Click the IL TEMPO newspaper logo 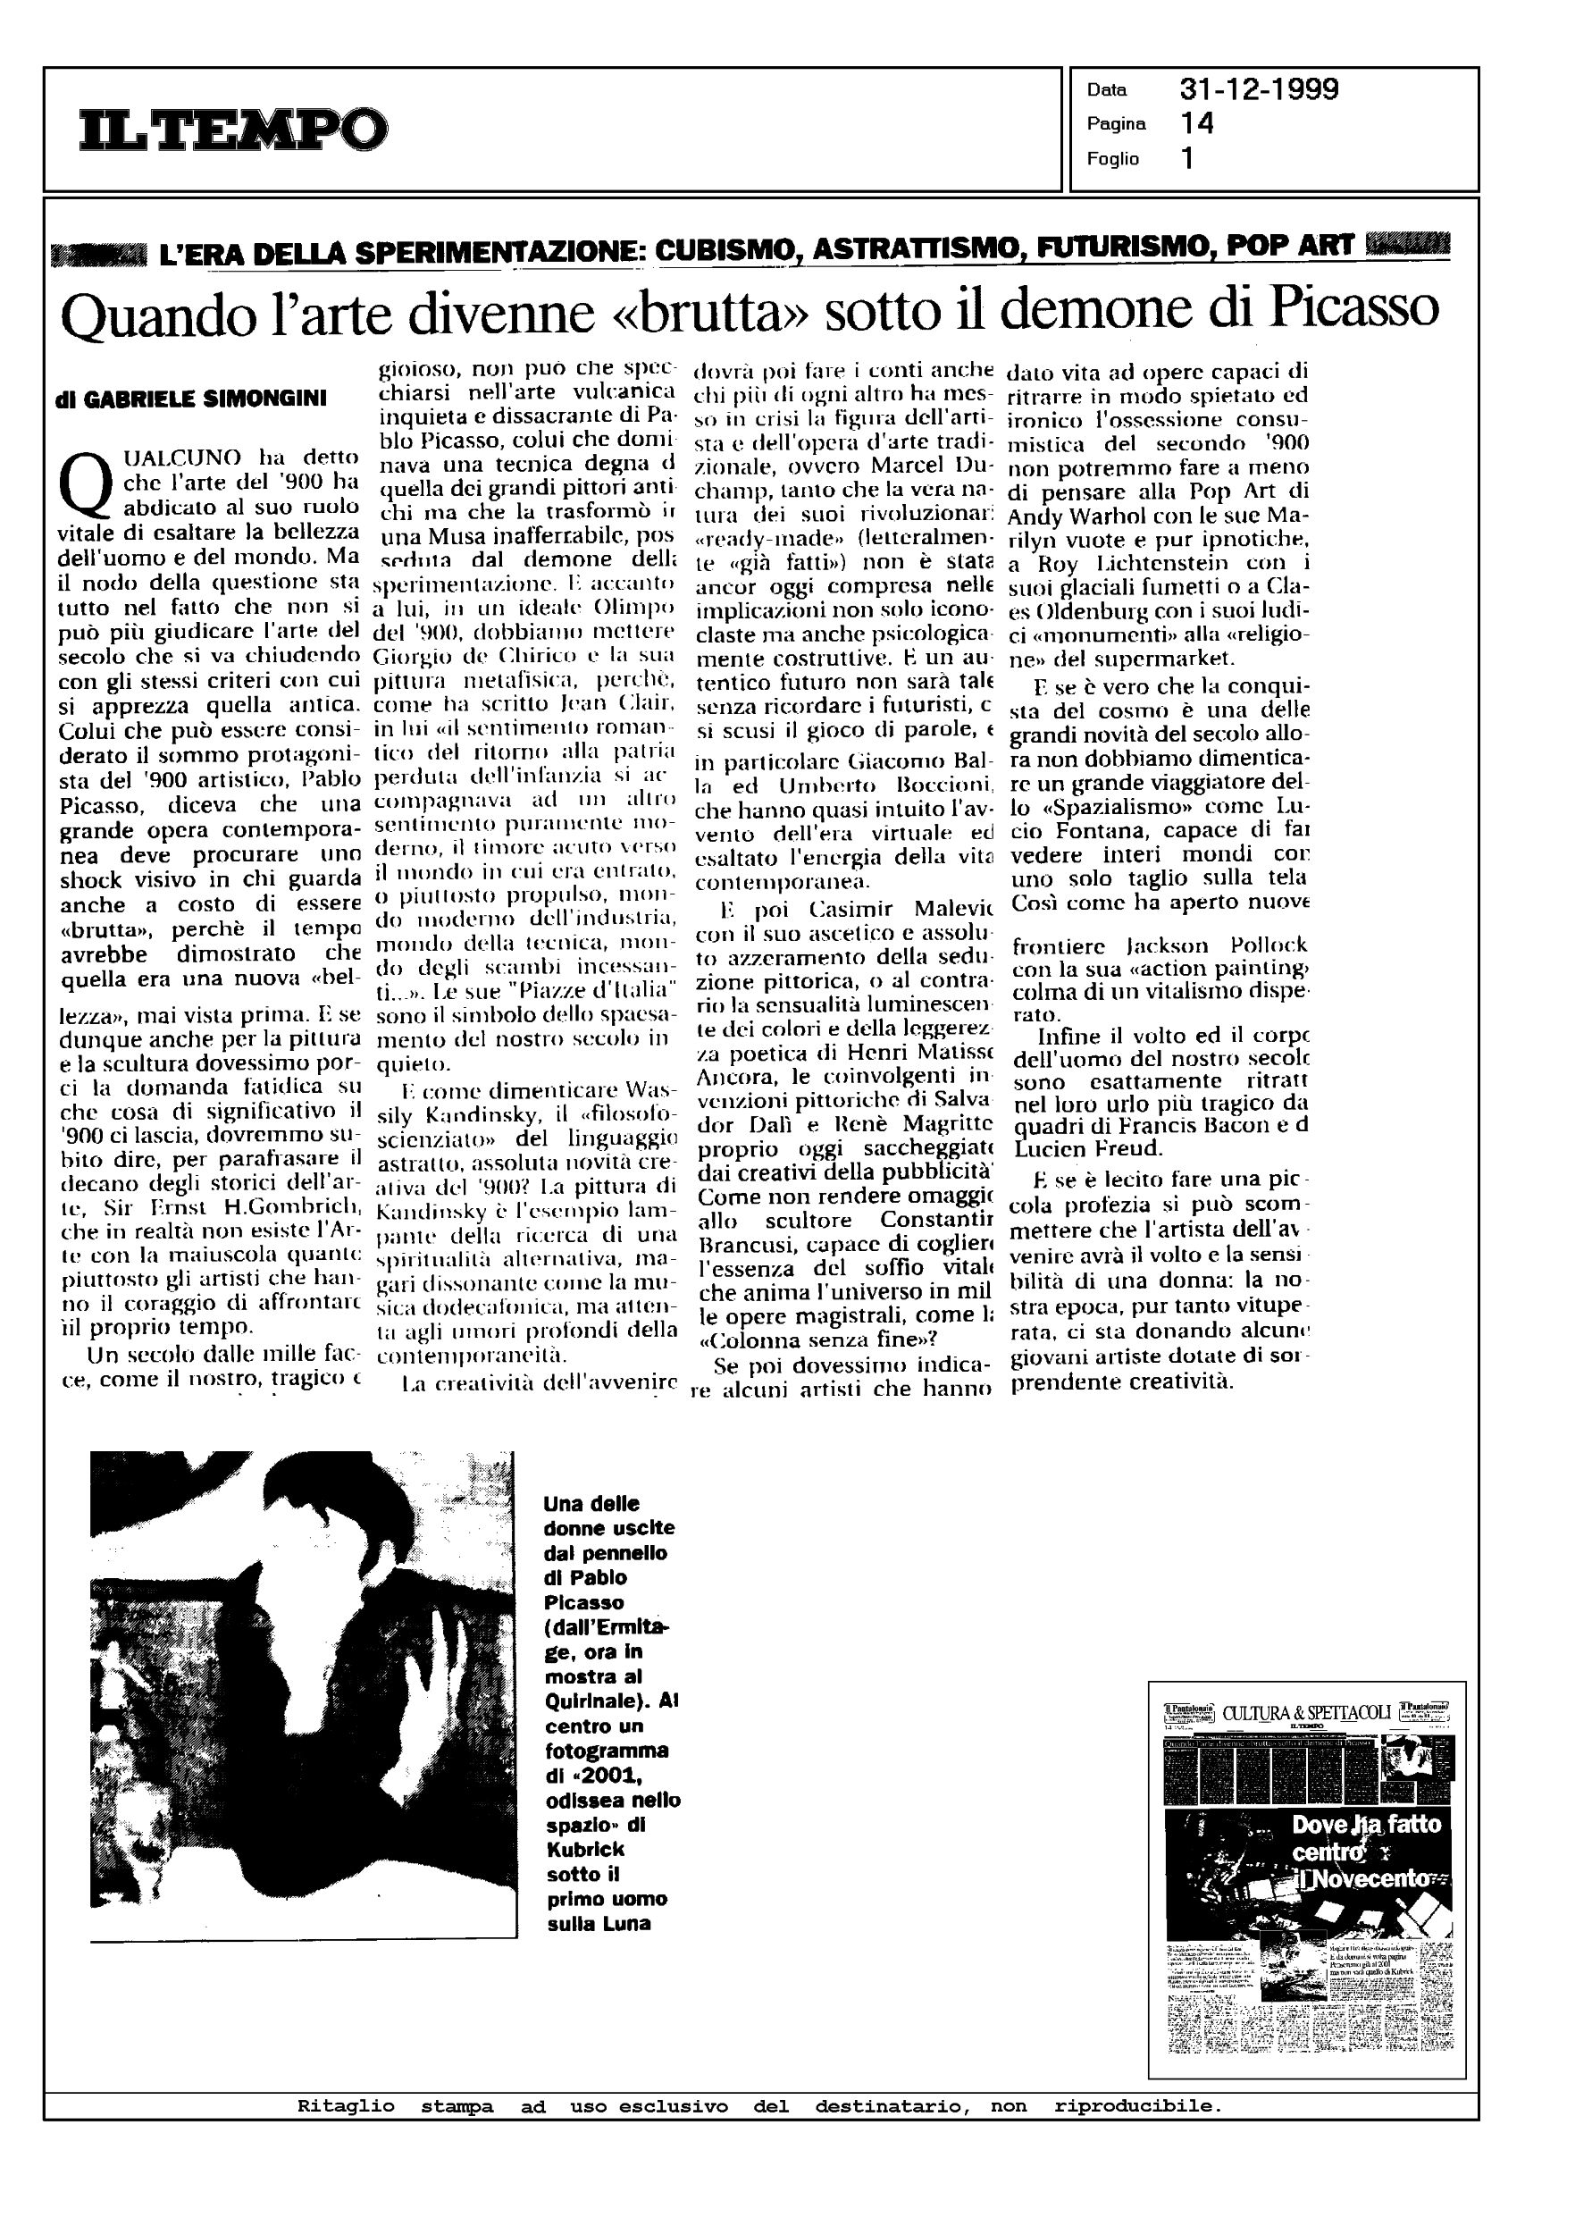[x=233, y=130]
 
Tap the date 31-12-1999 [x=1259, y=90]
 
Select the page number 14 [x=1197, y=123]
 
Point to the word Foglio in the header [x=1112, y=159]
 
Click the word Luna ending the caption [x=626, y=1923]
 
